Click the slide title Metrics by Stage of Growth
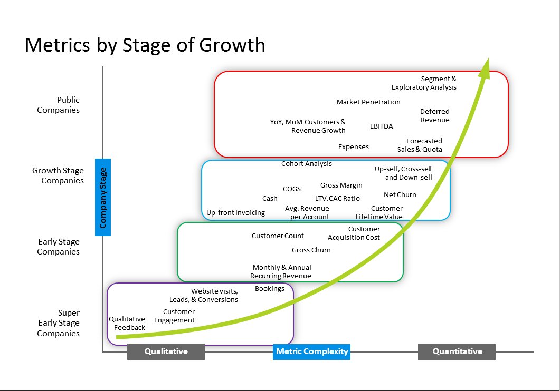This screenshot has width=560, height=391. [x=145, y=45]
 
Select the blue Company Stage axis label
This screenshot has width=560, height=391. [x=103, y=197]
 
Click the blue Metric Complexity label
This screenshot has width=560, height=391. [x=311, y=351]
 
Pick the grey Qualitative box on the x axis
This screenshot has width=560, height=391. [x=166, y=351]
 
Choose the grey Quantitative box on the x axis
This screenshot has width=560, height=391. [x=457, y=351]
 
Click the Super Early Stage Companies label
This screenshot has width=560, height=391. [x=58, y=323]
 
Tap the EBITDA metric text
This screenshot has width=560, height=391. [x=381, y=126]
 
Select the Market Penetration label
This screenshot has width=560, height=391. [x=368, y=102]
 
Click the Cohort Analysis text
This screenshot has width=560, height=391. [x=307, y=163]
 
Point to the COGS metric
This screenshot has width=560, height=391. [x=292, y=189]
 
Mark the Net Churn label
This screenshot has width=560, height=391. [x=400, y=194]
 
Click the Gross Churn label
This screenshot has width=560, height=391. [x=311, y=250]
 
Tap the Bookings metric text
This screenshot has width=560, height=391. [x=269, y=288]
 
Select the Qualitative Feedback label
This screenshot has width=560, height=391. [x=127, y=323]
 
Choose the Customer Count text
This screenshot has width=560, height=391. [x=278, y=236]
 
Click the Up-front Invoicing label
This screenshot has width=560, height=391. [x=235, y=212]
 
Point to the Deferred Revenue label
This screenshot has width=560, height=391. [x=435, y=115]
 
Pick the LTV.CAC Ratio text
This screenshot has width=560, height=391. [x=337, y=198]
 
